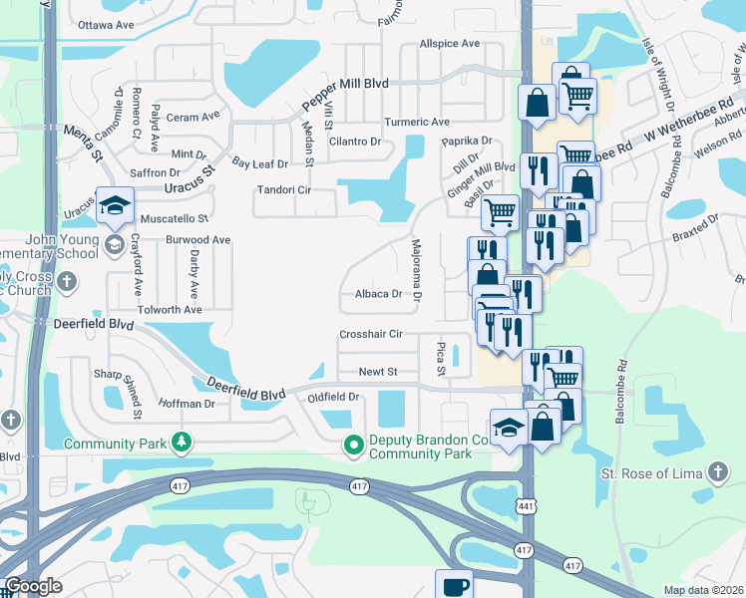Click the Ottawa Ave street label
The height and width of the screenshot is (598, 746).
pyautogui.click(x=105, y=23)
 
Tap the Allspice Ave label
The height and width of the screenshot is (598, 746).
pyautogui.click(x=449, y=44)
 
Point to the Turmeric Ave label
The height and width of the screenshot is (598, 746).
pyautogui.click(x=418, y=122)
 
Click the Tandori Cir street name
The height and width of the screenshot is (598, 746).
pyautogui.click(x=285, y=189)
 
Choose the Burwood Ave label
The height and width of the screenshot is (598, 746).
pyautogui.click(x=198, y=240)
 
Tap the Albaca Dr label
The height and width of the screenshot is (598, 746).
pyautogui.click(x=378, y=294)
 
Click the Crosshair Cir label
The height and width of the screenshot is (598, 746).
pyautogui.click(x=370, y=335)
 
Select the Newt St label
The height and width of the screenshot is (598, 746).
pyautogui.click(x=378, y=372)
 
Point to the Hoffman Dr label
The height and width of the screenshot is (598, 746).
pyautogui.click(x=186, y=404)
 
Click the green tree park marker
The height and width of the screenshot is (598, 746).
pyautogui.click(x=182, y=442)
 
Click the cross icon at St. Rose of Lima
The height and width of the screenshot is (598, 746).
pyautogui.click(x=717, y=471)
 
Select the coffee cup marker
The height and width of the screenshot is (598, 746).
pyautogui.click(x=454, y=586)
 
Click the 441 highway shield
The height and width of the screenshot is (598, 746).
pyautogui.click(x=527, y=506)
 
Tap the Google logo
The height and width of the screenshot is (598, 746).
pyautogui.click(x=34, y=586)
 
